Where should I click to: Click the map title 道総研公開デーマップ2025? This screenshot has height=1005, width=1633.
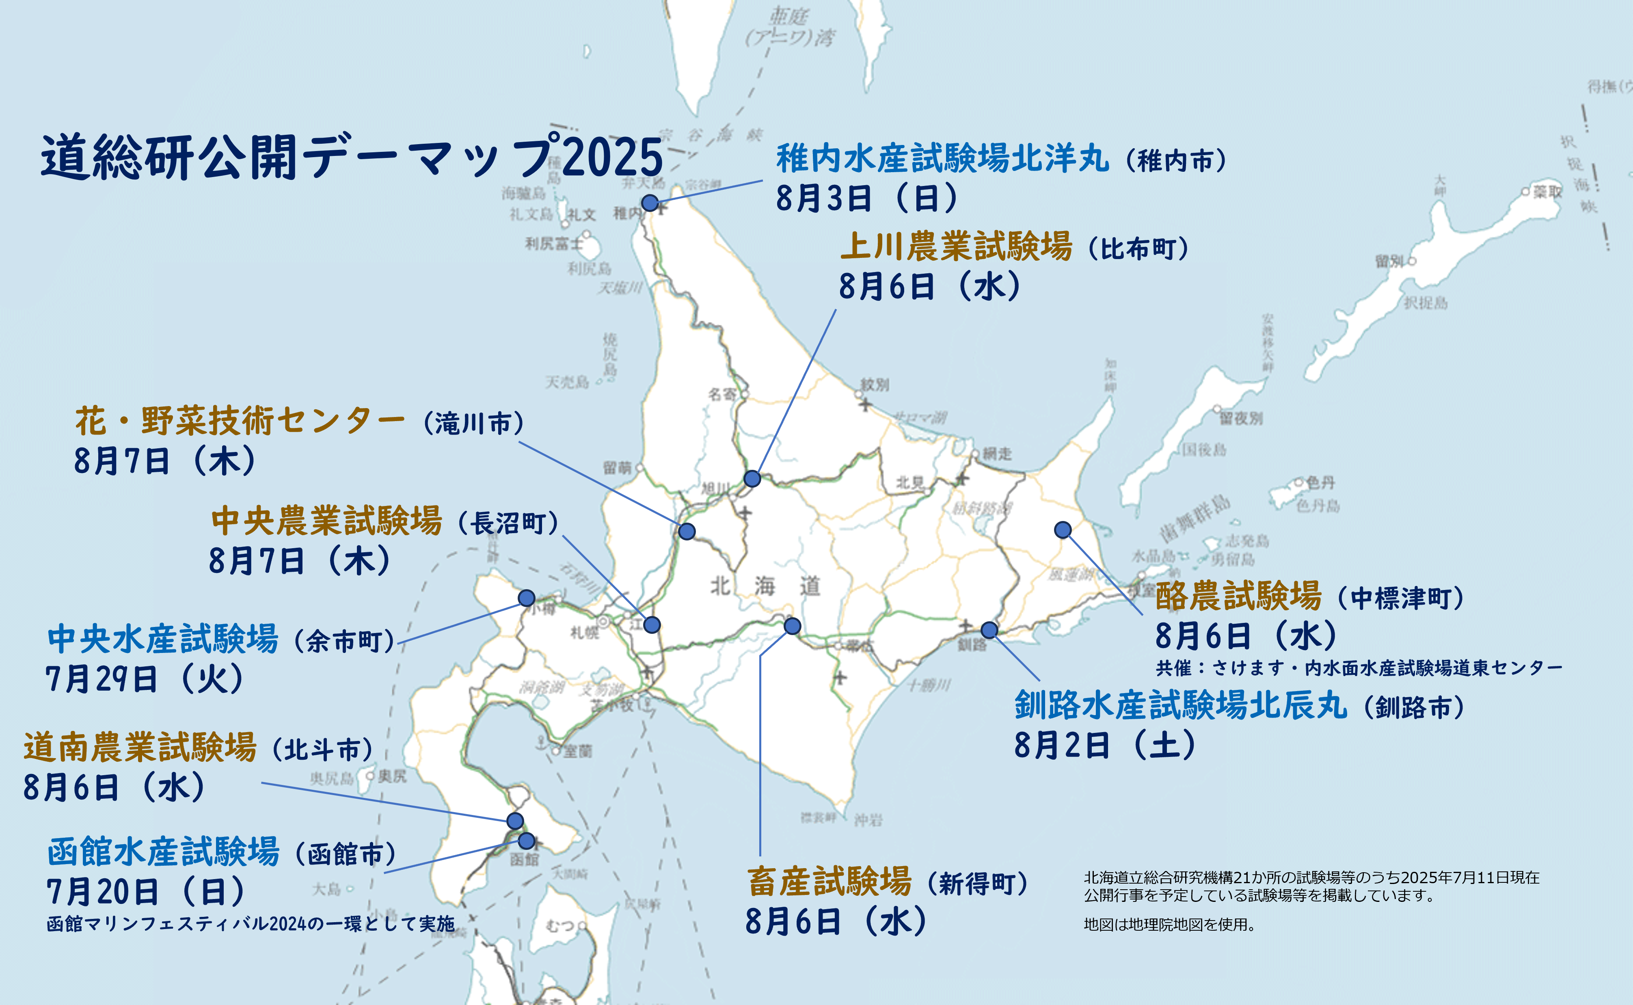click(352, 158)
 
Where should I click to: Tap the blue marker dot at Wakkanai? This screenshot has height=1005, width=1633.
click(650, 203)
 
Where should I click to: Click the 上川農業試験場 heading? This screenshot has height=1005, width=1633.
click(956, 247)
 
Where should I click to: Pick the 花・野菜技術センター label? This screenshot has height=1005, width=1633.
click(239, 421)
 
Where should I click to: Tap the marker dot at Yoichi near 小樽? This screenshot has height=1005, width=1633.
click(526, 598)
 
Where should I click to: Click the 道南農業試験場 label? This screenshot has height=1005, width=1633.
click(140, 748)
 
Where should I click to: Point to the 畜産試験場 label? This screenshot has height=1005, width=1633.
click(829, 882)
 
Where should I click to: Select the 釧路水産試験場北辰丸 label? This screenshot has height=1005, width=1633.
click(1180, 705)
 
